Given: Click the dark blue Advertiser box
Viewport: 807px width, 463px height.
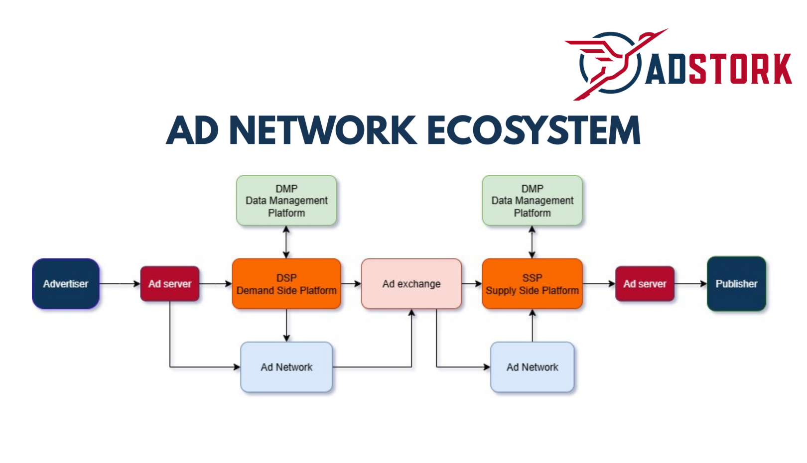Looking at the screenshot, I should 66,284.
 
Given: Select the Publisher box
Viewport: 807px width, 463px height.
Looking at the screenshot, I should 736,284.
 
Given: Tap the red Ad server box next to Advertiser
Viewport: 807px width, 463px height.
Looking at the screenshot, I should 170,284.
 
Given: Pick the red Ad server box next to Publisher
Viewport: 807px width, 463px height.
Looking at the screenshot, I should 645,284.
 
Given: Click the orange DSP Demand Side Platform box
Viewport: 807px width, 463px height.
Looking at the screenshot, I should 286,284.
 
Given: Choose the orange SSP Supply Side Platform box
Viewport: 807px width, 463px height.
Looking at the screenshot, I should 532,284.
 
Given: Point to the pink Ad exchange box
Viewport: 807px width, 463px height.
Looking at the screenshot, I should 411,284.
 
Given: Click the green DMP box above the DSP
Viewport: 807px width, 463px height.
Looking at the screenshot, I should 286,201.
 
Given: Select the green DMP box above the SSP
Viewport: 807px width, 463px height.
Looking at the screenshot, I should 532,201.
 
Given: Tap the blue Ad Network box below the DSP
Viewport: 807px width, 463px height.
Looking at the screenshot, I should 286,367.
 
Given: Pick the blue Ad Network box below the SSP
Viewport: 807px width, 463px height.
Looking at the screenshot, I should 532,367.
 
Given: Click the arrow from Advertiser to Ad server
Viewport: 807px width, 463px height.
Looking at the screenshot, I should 120,284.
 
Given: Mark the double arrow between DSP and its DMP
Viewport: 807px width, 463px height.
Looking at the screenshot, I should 286,242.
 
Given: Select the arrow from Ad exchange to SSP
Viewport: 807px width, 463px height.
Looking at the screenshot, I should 472,284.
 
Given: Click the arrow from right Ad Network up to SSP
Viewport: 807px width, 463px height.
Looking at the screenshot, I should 532,326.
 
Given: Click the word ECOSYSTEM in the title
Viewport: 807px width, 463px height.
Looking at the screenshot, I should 533,130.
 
